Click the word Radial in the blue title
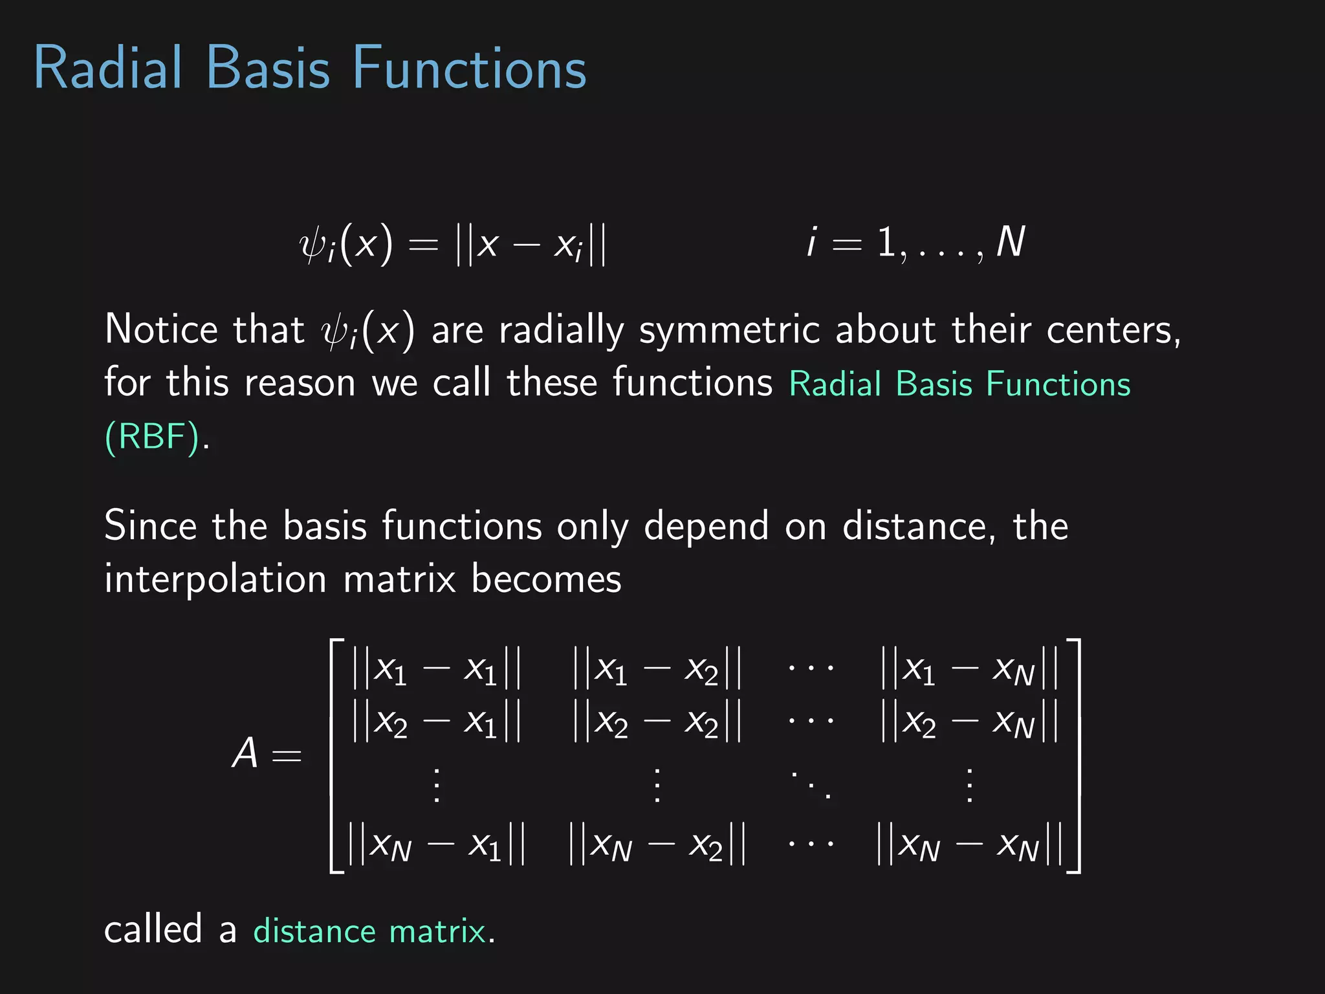pos(108,67)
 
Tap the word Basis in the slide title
pos(268,67)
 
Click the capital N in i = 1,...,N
pos(1010,242)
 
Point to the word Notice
pos(161,329)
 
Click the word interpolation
pos(215,579)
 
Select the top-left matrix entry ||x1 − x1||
pos(436,668)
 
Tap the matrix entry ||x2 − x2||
pos(657,722)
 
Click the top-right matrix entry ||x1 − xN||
pos(969,668)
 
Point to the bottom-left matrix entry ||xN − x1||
pos(436,845)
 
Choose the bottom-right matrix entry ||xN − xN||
pos(969,845)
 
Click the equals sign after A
pos(287,756)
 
